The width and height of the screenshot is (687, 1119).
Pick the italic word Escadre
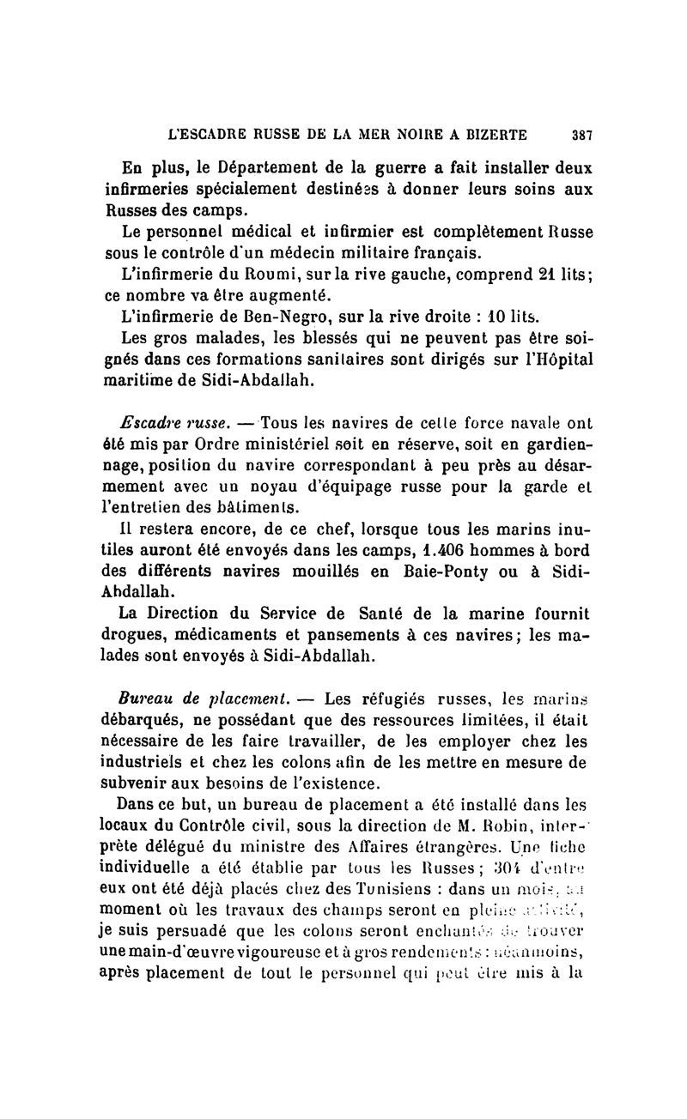coord(151,422)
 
